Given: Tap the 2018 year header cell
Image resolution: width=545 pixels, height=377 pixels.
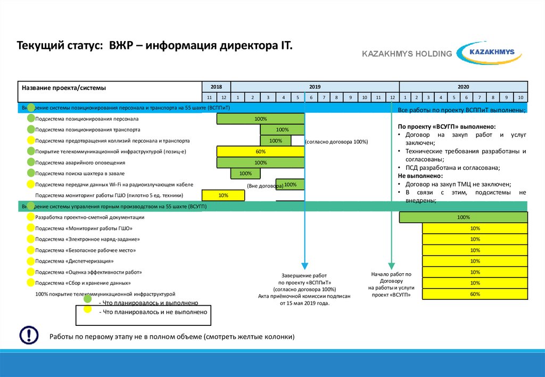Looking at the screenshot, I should pos(216,86).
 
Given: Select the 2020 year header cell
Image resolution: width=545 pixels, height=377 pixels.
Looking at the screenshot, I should pos(463,86).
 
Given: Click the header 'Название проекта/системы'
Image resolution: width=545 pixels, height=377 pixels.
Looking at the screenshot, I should pos(64,87).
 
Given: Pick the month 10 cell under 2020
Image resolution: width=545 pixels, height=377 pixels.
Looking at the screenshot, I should pos(521,97).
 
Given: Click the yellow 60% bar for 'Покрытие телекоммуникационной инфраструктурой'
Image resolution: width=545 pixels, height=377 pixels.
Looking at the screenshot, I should pos(260,152).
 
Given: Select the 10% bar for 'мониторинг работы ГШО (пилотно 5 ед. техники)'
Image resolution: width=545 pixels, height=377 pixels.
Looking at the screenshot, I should pos(223,195).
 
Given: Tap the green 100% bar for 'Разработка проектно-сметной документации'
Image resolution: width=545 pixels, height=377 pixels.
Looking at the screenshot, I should pos(463,217).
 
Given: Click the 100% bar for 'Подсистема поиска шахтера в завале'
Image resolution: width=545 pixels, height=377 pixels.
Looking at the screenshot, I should pos(245,174).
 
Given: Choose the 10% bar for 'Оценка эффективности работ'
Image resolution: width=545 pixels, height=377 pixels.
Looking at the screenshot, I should pos(475,272).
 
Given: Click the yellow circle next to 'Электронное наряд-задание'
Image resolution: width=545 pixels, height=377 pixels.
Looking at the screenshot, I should pos(31,239).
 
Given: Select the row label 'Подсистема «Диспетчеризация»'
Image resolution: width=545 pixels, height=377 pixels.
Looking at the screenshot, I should pos(75,261).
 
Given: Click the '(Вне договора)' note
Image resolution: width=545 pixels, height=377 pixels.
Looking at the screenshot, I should pos(265,186).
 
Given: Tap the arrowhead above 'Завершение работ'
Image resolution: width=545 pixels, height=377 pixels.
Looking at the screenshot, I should pos(304,266).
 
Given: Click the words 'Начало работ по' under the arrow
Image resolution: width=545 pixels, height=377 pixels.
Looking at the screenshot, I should pos(391,274).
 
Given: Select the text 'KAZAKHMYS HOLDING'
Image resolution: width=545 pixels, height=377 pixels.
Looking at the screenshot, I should pos(407,54).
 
